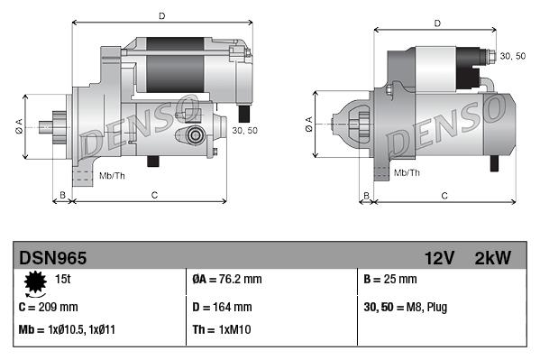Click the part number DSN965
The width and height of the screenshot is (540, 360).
point(52,258)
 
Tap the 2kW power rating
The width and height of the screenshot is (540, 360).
point(492,258)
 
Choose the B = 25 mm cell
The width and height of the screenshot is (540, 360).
point(390,279)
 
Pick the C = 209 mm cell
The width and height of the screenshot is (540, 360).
point(49,308)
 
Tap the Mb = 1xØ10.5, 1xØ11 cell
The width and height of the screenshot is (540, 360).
point(67,330)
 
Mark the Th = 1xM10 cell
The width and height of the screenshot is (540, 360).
point(222,330)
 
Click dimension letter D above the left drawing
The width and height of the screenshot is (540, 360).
point(161,15)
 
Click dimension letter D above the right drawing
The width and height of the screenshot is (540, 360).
point(436,23)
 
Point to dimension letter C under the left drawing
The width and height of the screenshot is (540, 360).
point(154,194)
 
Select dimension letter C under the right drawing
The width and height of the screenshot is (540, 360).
point(444,195)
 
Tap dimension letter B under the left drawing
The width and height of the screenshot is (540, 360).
point(62,194)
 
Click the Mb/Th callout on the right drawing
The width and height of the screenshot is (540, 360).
point(407,172)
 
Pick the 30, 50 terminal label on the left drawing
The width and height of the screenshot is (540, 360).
point(245,131)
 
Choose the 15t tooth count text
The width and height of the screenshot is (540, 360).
point(64,279)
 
